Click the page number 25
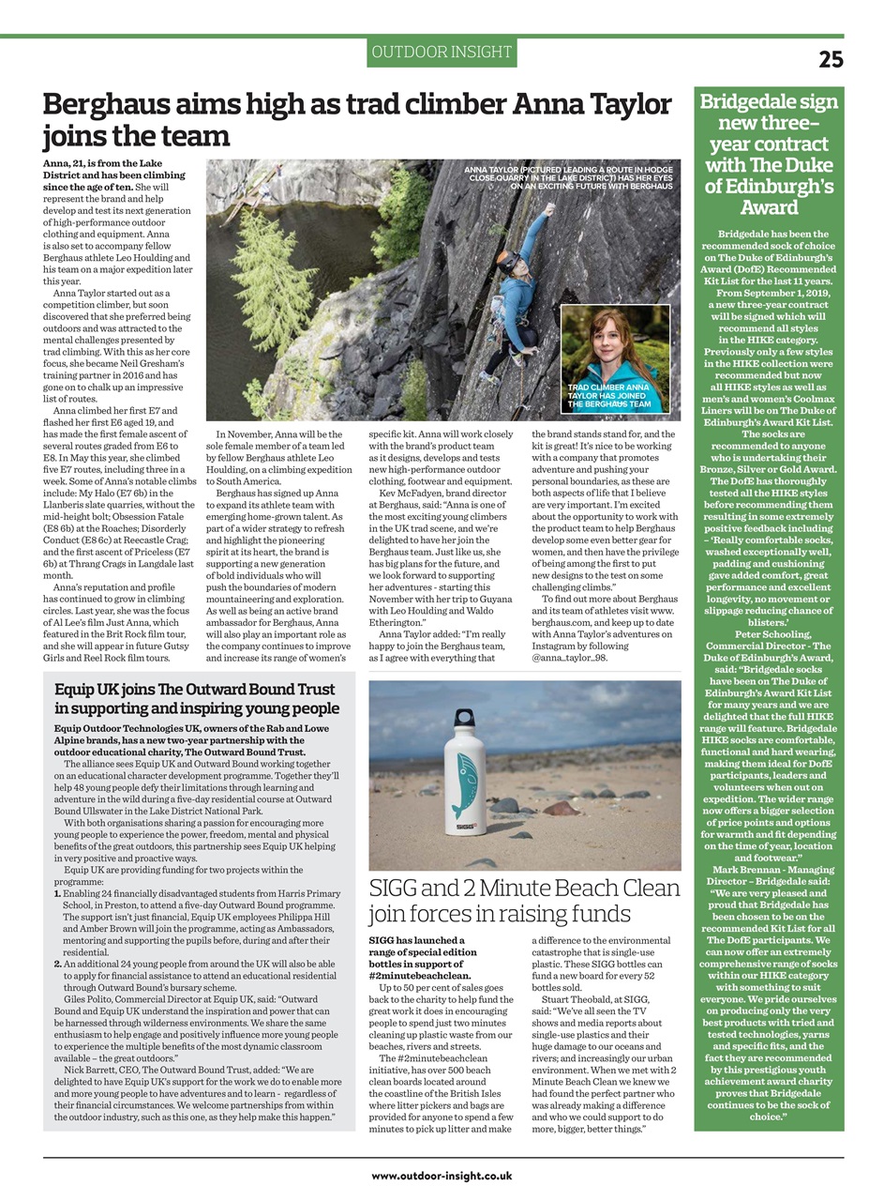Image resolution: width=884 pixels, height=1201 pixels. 831,59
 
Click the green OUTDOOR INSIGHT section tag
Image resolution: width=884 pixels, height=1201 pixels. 442,53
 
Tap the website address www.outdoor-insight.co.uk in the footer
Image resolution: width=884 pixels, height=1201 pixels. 442,1175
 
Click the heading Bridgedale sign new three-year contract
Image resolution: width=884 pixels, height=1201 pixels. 769,154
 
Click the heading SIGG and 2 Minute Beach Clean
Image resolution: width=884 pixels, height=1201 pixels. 524,900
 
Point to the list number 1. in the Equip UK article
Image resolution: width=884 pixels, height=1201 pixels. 58,894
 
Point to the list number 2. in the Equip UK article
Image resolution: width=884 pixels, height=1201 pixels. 58,963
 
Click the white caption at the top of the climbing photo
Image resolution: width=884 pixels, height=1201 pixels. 568,177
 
